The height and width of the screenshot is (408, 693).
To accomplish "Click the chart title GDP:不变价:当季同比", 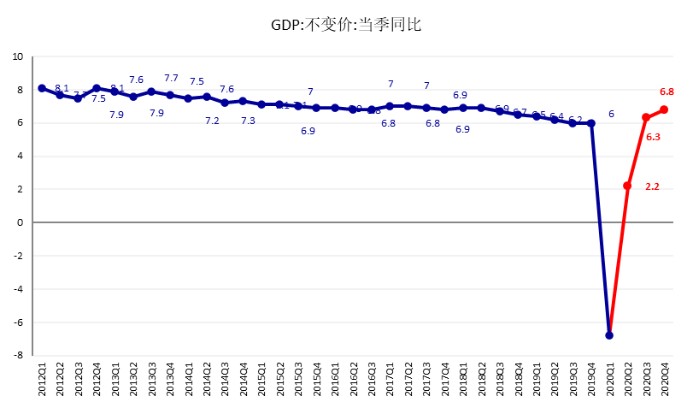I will point(346,25).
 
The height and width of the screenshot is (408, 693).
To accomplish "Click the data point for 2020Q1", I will point(609,335).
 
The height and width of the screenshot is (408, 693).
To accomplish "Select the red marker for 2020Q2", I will point(627,186).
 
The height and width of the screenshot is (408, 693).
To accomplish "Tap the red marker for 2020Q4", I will point(664,109).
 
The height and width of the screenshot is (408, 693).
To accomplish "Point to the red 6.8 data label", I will point(667,92).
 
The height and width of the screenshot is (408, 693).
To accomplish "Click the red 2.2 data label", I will point(652,186).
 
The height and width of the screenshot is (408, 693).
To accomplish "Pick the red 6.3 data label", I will point(653,137).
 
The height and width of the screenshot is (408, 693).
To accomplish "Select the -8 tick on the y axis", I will point(18,355).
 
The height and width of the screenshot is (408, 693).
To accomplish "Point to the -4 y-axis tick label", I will point(18,289).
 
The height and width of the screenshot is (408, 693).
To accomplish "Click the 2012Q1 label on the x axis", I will point(42,381).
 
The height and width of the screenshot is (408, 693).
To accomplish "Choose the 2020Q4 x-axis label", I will point(665,381).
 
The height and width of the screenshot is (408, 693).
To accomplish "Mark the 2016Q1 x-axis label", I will point(335,381).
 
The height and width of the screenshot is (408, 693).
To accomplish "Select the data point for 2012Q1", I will point(42,88).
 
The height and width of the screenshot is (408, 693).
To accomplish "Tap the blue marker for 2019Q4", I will point(591,123).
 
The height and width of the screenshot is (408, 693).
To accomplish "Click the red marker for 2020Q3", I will point(646,117).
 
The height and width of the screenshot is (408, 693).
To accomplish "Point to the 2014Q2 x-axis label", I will point(207,381).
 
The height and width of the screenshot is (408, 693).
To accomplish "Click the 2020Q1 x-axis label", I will point(609,381).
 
